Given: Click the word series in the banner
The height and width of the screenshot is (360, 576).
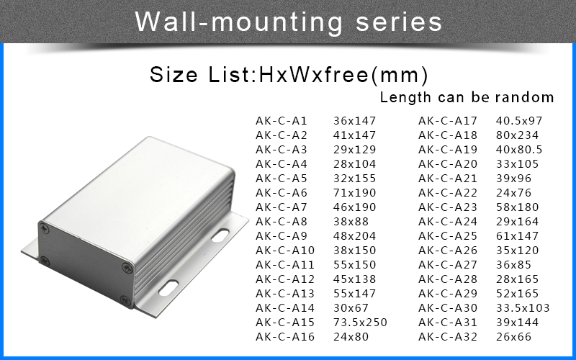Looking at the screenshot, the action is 399,22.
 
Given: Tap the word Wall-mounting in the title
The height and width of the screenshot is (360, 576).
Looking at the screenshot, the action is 239,23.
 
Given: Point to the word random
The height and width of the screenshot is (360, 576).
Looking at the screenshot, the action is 524,97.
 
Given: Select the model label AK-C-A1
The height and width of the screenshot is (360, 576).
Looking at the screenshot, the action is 281,120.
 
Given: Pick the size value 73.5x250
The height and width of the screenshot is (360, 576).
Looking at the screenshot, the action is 360,322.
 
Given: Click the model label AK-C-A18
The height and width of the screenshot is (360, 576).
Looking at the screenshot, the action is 447,135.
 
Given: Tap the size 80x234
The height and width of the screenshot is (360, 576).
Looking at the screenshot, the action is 517,135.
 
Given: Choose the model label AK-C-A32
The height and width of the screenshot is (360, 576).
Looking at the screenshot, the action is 447,336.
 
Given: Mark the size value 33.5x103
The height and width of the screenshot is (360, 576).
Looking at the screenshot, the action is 523,308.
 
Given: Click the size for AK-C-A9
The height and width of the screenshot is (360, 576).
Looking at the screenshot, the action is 354,236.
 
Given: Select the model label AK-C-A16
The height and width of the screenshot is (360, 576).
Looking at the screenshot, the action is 284,336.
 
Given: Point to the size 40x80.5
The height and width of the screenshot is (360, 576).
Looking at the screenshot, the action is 518,150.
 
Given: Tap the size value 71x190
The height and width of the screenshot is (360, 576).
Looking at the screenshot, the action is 354,192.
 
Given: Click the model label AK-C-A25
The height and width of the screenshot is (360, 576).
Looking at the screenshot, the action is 447,236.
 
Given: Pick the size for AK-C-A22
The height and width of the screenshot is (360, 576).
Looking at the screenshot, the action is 513,192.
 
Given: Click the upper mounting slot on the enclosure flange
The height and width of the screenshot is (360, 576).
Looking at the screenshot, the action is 220,235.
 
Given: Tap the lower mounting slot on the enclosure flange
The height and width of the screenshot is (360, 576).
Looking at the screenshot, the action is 168,287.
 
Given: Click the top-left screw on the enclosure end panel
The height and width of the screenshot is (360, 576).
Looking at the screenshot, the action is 45,229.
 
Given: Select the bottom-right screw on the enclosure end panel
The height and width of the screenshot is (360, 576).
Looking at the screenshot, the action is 125,301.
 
